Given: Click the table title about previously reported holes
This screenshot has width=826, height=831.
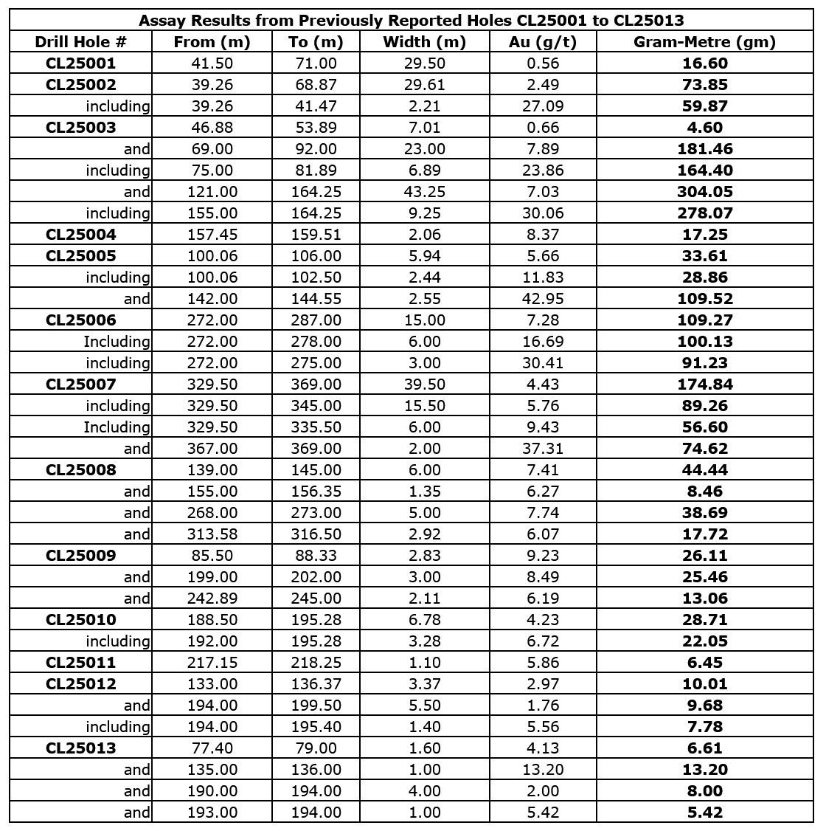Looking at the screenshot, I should click(x=411, y=20).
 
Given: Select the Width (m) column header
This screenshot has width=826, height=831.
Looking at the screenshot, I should click(x=424, y=42).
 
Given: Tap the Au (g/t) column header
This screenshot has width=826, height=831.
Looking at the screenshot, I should click(x=543, y=42).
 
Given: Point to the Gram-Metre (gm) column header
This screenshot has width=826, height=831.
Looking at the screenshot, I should click(x=704, y=42).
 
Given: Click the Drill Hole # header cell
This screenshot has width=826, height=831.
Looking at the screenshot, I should click(x=81, y=42).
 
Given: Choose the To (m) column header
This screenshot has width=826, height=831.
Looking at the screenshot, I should click(x=316, y=42).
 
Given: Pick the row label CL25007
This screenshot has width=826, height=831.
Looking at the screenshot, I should click(x=81, y=384).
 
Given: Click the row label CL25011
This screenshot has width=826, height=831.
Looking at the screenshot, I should click(x=81, y=663).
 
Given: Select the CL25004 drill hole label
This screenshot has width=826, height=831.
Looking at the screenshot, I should click(x=81, y=235).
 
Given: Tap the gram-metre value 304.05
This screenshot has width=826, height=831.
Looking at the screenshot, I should click(x=704, y=192).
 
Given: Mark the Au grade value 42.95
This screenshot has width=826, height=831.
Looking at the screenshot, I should click(x=543, y=299).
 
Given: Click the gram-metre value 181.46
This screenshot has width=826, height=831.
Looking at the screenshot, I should click(x=704, y=149).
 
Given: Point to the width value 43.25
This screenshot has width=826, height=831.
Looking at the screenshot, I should click(x=424, y=192).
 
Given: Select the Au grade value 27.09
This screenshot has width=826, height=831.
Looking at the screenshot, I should click(x=543, y=106).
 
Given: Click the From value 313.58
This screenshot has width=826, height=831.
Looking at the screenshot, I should click(x=212, y=534).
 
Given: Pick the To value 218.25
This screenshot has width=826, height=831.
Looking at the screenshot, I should click(x=316, y=663).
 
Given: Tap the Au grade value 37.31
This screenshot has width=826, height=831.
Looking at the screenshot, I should click(x=543, y=449).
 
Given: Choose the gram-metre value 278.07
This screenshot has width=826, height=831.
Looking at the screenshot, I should click(x=704, y=213).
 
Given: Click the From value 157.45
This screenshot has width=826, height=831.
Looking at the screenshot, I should click(x=212, y=235).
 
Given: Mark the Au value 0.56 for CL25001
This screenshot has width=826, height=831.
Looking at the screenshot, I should click(x=543, y=63).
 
